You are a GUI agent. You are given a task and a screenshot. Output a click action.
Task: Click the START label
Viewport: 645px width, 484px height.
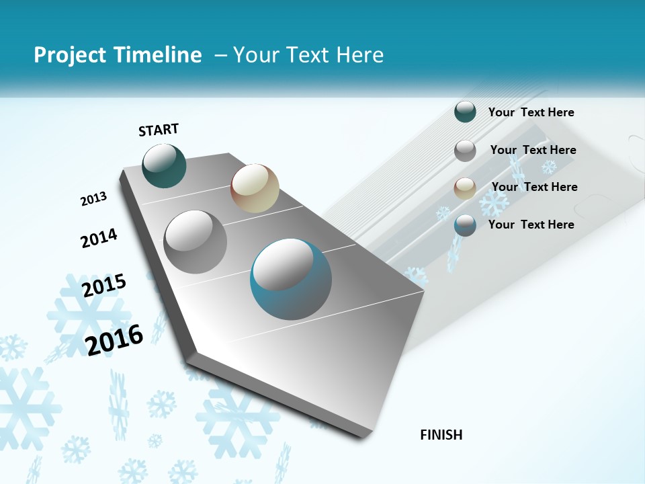[x=159, y=129]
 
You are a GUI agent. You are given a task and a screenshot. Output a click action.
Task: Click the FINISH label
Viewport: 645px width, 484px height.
[x=441, y=435]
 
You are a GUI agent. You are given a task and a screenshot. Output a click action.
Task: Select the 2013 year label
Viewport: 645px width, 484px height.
[x=94, y=198]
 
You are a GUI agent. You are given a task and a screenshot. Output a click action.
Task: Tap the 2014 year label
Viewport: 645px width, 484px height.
[x=99, y=239]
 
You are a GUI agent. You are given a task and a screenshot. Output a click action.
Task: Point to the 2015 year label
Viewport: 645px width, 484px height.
[x=104, y=286]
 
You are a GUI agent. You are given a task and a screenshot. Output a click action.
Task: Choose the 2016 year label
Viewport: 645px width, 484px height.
[x=115, y=339]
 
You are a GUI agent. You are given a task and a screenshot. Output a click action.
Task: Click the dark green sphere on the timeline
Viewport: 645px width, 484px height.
[x=165, y=166]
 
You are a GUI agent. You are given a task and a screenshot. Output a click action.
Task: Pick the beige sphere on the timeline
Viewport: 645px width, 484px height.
[x=255, y=188]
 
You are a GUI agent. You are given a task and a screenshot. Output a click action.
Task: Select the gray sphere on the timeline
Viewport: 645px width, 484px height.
[x=196, y=242]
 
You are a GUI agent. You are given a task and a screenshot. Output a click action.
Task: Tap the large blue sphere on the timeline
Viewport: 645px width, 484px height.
[x=291, y=279]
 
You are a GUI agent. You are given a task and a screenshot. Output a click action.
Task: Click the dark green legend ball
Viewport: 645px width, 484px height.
[x=465, y=112]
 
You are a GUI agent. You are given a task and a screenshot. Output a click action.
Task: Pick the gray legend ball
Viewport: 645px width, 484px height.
[x=465, y=151]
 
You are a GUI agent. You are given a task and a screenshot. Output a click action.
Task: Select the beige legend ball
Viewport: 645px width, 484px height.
[x=465, y=188]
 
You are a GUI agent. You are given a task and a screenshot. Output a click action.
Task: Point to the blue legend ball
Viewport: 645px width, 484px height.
[x=465, y=225]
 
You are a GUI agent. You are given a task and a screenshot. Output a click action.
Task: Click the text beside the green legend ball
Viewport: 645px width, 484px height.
[x=531, y=112]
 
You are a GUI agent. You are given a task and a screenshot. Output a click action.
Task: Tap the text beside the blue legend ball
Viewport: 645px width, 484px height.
[x=531, y=225]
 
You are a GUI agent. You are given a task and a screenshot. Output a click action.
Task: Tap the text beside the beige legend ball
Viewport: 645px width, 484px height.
[x=534, y=187]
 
